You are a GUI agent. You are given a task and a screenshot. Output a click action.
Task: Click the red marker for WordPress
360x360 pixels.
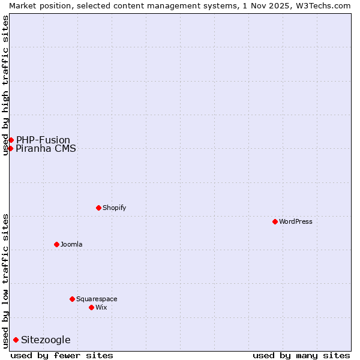tap(275, 221)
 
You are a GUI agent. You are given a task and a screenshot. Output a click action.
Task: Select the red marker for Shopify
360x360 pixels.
tap(98, 208)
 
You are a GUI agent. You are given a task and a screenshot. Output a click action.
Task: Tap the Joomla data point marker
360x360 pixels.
tap(56, 244)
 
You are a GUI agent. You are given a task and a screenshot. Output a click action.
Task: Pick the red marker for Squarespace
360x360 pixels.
tap(72, 299)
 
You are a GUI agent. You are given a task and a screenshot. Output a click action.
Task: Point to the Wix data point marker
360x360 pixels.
tap(91, 307)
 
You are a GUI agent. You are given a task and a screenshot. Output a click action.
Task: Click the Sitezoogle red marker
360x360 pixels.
tap(16, 340)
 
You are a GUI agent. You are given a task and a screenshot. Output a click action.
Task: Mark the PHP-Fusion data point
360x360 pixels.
tap(11, 140)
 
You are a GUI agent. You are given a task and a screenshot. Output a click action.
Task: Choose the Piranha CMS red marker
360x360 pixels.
tap(10, 148)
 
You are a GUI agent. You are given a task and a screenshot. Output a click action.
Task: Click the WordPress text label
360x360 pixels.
tap(296, 221)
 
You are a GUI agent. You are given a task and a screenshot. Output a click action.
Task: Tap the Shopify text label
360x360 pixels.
tap(114, 208)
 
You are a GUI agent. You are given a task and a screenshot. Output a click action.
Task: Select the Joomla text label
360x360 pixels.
tap(71, 244)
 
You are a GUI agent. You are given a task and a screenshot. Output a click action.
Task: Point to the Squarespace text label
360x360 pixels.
tap(97, 299)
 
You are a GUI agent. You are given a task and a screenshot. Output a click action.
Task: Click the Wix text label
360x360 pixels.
tap(101, 307)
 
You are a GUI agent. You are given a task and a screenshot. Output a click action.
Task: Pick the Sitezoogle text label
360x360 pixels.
tap(46, 340)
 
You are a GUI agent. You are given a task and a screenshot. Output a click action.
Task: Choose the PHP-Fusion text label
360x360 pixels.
tap(43, 140)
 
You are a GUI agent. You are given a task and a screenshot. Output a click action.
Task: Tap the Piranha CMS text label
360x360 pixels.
tap(46, 148)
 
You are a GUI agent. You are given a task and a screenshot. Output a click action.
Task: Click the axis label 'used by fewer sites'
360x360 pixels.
tap(62, 355)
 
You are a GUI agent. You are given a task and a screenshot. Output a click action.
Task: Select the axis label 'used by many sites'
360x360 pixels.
tap(301, 355)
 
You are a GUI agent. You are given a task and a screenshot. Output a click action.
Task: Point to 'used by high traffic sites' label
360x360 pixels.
tap(5, 85)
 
